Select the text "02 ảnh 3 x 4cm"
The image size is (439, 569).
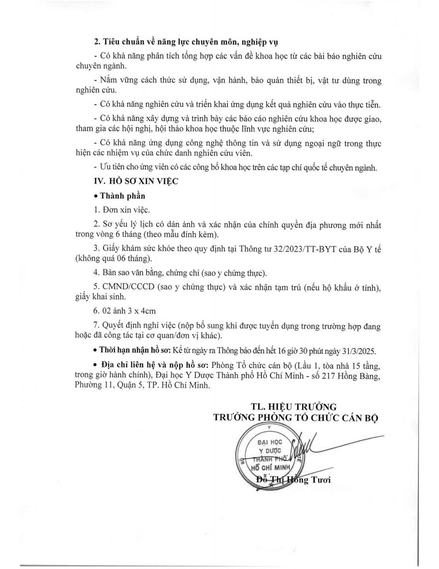tap(125, 311)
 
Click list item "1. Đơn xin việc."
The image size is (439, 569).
tap(122, 209)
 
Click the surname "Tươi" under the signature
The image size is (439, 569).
tap(321, 480)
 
